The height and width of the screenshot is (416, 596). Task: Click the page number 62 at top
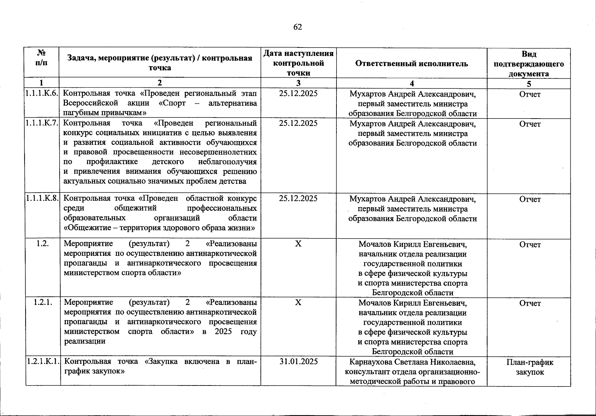click(x=298, y=27)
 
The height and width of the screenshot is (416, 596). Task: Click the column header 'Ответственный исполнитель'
click(x=411, y=63)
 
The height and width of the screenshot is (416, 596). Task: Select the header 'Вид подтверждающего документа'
click(x=528, y=64)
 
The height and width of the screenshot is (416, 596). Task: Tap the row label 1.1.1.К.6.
click(x=42, y=94)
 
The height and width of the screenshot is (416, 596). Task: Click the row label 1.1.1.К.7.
click(x=42, y=123)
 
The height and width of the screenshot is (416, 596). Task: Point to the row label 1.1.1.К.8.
click(x=42, y=199)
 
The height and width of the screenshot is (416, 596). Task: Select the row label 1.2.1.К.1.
click(x=42, y=362)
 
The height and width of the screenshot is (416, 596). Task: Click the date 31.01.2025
click(x=298, y=362)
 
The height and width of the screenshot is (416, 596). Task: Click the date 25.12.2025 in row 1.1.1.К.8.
click(x=298, y=199)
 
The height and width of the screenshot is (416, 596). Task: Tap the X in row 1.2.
click(x=298, y=244)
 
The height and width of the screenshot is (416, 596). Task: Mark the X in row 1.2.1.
click(x=298, y=303)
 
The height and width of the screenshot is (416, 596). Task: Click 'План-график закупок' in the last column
click(x=529, y=367)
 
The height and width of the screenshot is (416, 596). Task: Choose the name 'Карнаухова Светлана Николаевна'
click(x=412, y=362)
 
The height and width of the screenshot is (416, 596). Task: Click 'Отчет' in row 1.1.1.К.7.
click(x=530, y=124)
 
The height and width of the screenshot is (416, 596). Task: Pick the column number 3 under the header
click(x=298, y=83)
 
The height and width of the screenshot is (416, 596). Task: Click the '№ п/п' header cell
click(x=42, y=58)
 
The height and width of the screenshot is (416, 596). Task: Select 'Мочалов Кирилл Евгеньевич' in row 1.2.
click(x=412, y=244)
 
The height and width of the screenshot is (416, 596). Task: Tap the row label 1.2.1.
click(x=43, y=303)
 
